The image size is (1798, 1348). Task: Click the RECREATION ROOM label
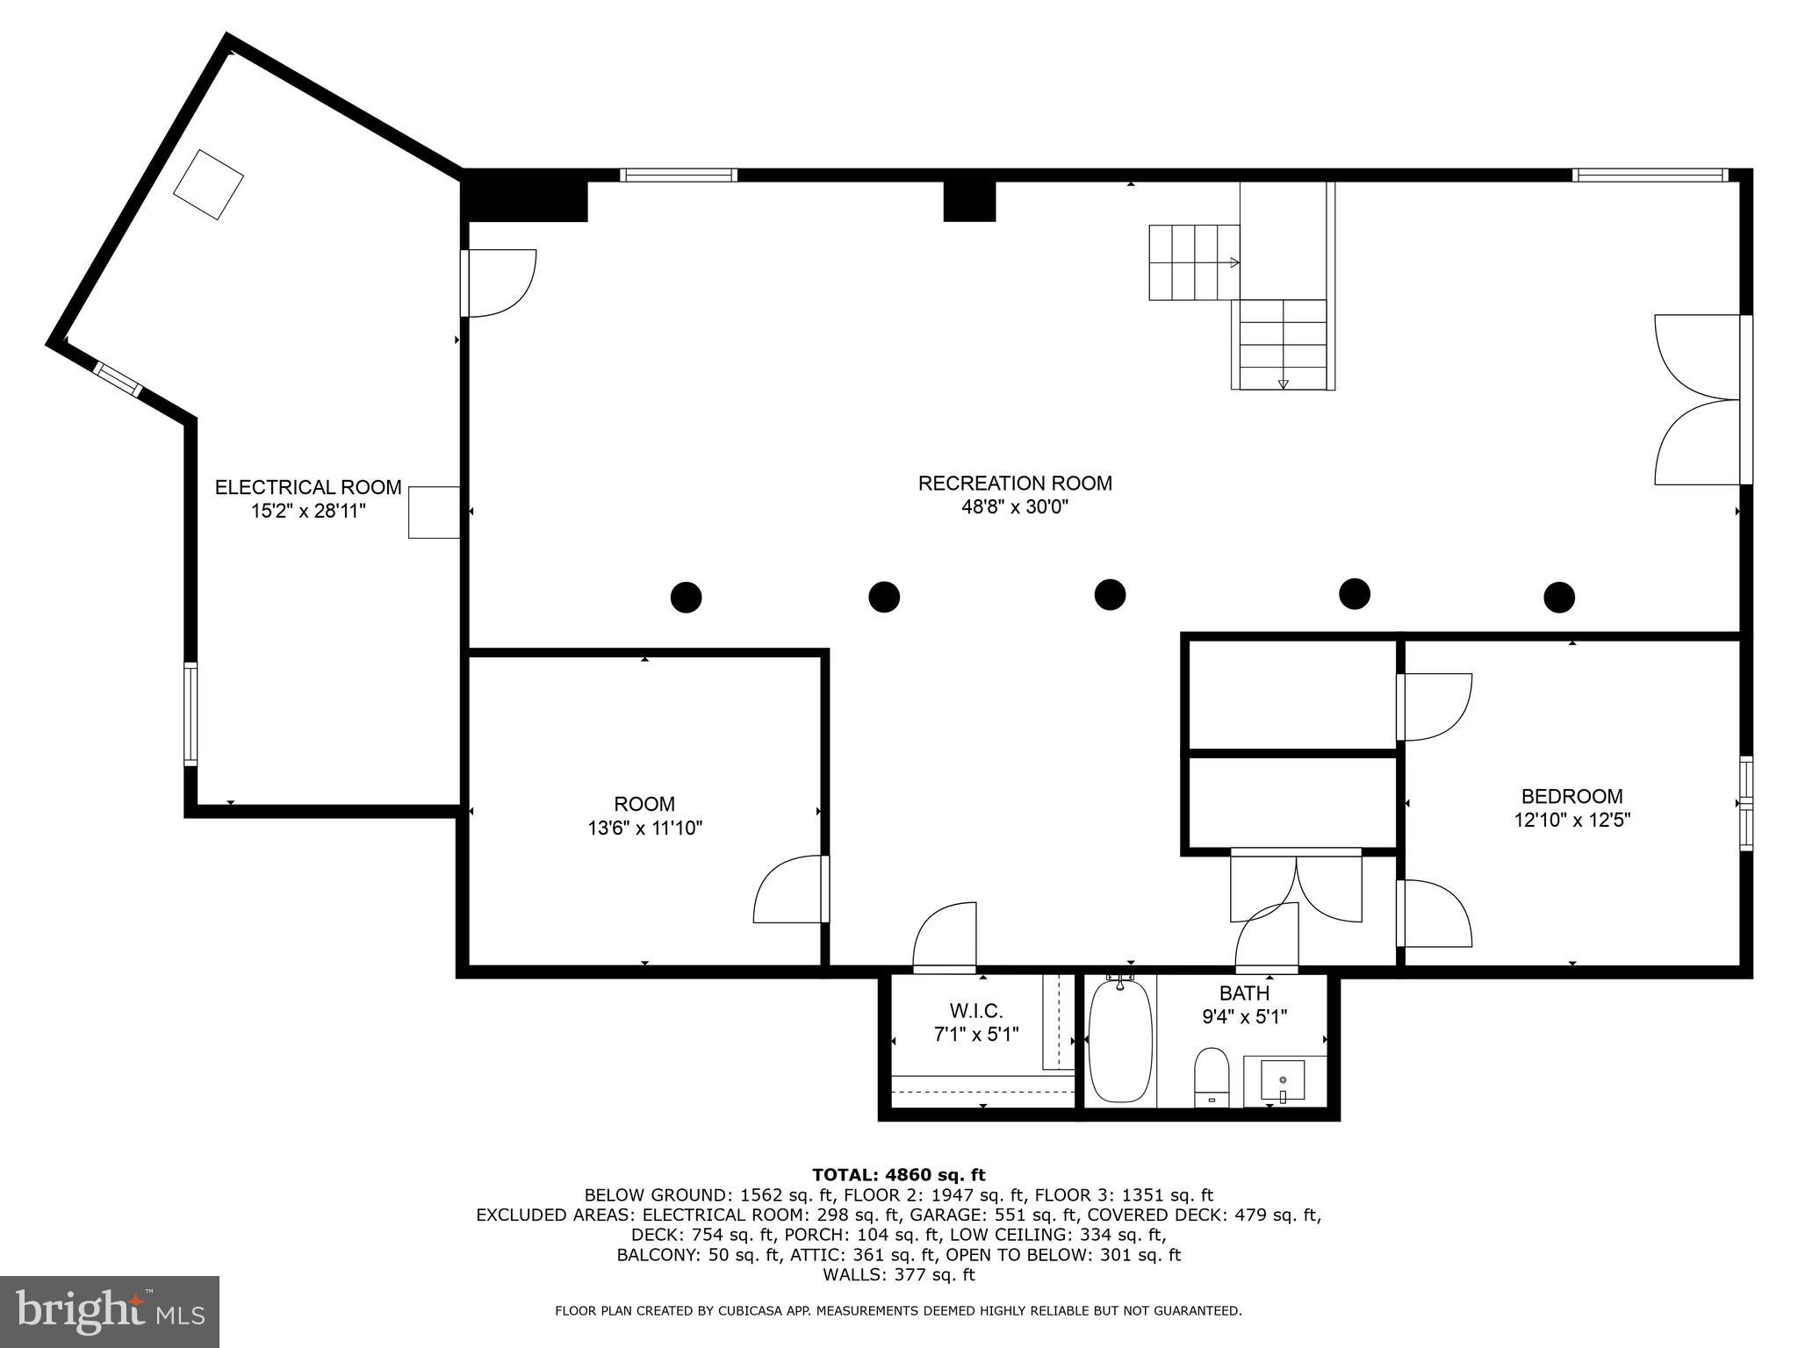1015,484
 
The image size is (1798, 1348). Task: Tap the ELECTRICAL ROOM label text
308,488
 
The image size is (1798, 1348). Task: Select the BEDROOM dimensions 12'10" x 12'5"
1571,821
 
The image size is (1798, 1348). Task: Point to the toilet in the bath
1212,1078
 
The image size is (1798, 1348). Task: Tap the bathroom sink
1283,1080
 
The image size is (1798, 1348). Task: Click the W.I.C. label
975,1011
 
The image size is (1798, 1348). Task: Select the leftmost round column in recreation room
686,598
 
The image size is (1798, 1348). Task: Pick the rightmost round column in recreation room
1559,598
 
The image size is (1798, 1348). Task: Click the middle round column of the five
1110,594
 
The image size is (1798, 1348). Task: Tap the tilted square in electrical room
208,185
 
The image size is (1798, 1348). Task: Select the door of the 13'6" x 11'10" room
790,890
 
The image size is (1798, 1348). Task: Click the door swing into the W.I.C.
946,936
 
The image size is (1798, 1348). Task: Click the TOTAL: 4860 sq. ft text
898,1175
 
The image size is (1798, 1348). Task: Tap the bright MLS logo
110,1311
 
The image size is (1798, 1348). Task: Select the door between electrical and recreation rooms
498,283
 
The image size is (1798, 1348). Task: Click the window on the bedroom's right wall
1746,803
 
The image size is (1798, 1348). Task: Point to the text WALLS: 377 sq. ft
898,1275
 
